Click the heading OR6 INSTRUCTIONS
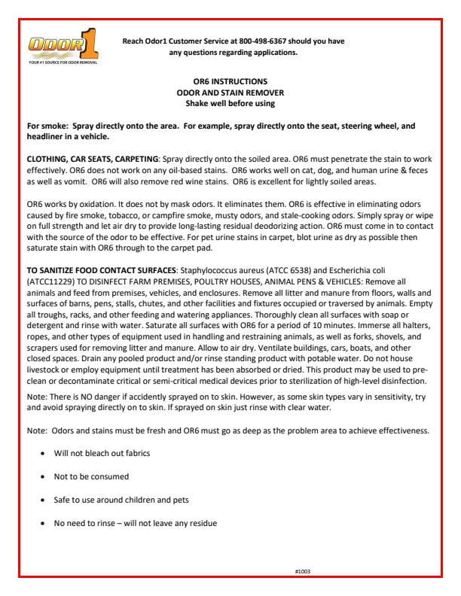[230, 80]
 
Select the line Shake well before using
[230, 102]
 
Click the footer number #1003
[303, 572]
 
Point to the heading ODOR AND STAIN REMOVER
[230, 91]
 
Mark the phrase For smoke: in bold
[47, 127]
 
